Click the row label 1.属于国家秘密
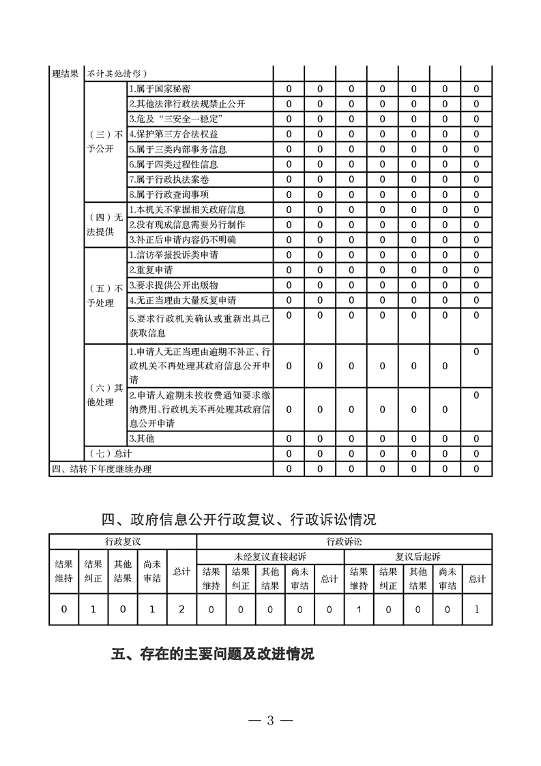point(160,89)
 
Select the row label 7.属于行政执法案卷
point(165,180)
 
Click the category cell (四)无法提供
point(104,225)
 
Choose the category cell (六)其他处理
point(104,395)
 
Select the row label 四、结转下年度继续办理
point(102,469)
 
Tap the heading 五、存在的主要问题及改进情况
point(212,654)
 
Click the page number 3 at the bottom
point(270,720)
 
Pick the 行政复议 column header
point(123,541)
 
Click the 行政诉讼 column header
point(344,541)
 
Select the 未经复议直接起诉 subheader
point(270,556)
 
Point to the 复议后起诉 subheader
point(418,556)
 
